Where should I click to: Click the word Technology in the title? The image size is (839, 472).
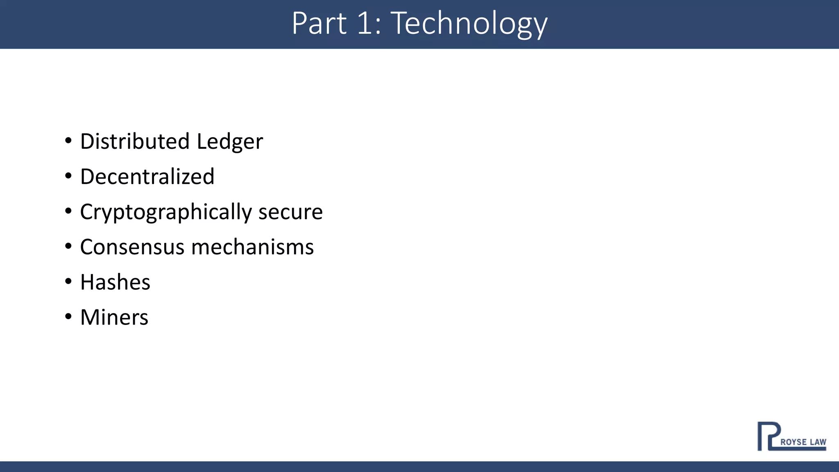tap(469, 24)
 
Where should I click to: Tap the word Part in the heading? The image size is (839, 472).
tap(319, 24)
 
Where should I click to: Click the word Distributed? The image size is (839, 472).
tap(135, 141)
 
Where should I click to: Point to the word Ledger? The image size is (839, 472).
tap(229, 142)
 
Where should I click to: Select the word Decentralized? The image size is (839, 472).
tap(147, 177)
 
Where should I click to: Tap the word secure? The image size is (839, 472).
tap(290, 212)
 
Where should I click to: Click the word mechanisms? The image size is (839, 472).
tap(252, 247)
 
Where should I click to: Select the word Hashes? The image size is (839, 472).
tap(115, 282)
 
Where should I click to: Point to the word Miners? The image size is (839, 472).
tap(114, 318)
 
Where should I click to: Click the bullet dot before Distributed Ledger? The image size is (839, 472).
tap(68, 141)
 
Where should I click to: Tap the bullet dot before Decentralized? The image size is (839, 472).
tap(68, 176)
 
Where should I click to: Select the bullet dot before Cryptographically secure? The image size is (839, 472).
tap(68, 211)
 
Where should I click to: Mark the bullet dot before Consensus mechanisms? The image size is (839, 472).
tap(68, 247)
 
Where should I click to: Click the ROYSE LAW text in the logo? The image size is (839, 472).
tap(803, 442)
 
